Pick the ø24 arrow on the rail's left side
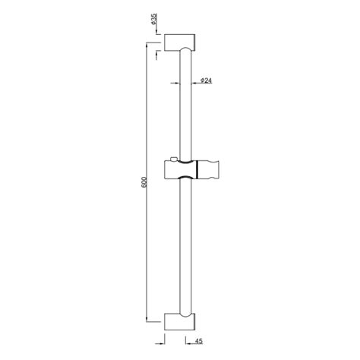[x=172, y=81]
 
